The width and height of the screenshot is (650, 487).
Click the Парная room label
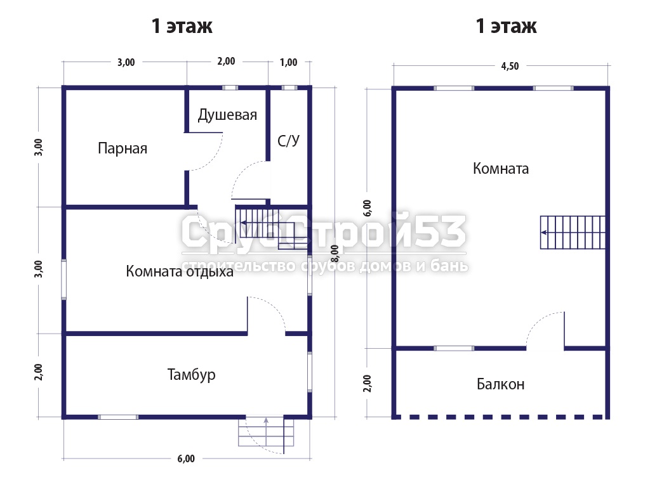tap(123, 148)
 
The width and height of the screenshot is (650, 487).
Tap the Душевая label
tap(227, 115)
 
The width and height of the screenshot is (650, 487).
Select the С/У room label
tap(288, 141)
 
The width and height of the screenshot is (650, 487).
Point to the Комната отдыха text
tap(180, 271)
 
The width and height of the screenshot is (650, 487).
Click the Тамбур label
tap(191, 374)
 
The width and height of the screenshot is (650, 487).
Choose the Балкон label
tap(500, 384)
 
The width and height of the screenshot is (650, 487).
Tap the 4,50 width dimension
tap(510, 66)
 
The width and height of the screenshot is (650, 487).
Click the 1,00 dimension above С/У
tap(289, 63)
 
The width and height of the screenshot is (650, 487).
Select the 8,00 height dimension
tap(335, 254)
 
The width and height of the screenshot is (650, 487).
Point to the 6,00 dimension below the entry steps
tap(186, 458)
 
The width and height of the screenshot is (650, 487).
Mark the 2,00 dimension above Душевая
tap(227, 62)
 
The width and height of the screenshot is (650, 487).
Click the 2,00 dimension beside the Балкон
tap(368, 384)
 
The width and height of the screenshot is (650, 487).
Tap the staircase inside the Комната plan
tap(573, 232)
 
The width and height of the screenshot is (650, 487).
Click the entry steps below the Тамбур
tap(266, 432)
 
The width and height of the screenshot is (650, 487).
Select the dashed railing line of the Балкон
tap(500, 417)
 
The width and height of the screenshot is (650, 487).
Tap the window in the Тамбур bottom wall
tap(118, 417)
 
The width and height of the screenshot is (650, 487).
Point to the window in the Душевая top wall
tap(230, 88)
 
